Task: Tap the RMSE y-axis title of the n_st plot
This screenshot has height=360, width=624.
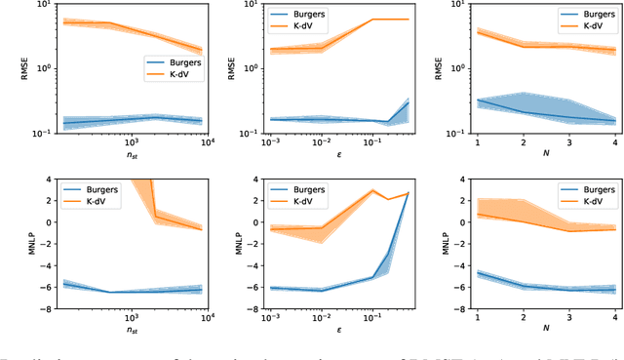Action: (10, 68)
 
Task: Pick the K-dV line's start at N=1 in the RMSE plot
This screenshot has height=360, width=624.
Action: (477, 32)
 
